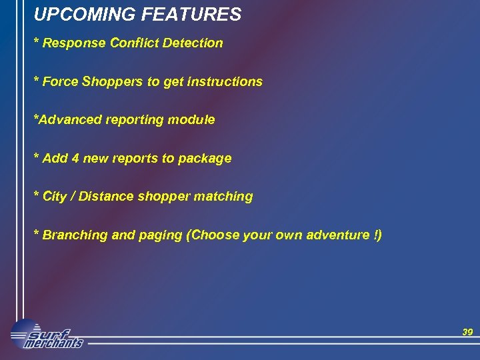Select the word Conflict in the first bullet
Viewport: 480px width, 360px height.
(x=133, y=43)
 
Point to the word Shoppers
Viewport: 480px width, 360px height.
(x=112, y=82)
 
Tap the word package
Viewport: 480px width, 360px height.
(x=205, y=159)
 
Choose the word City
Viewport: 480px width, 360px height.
(x=54, y=197)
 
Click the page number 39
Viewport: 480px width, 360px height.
(x=467, y=332)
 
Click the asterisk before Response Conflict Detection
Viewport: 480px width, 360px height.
(x=37, y=43)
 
